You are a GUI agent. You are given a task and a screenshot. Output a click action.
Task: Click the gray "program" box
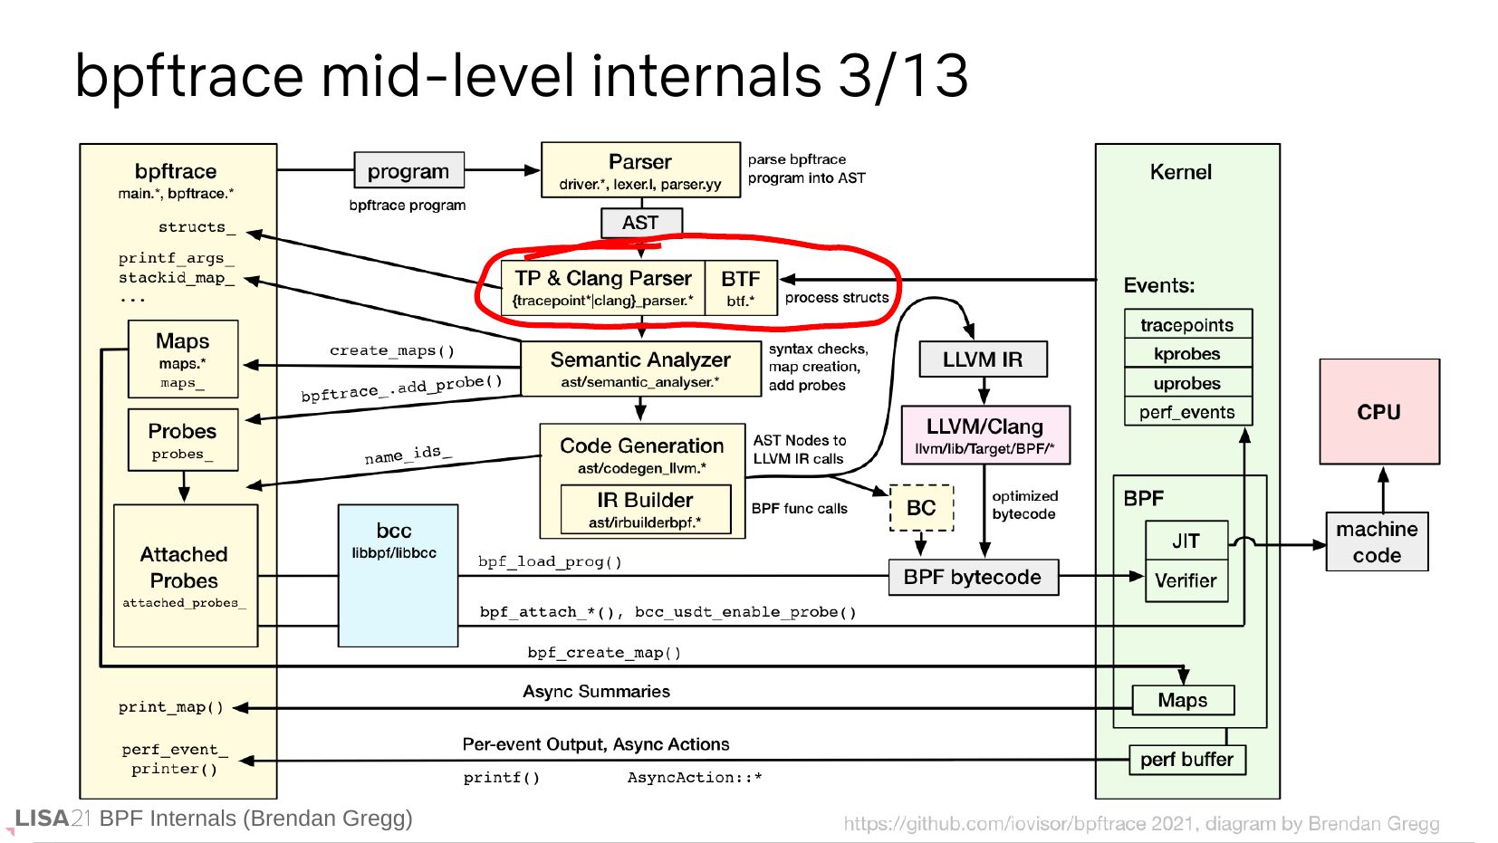click(408, 170)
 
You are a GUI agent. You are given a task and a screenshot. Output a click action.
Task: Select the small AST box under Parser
click(640, 222)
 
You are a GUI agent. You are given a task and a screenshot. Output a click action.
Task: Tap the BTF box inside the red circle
click(740, 288)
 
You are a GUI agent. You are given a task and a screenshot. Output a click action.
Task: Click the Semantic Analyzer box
click(640, 369)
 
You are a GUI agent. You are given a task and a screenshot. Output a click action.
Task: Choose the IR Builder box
click(645, 509)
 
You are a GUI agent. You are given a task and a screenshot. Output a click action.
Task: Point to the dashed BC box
click(921, 508)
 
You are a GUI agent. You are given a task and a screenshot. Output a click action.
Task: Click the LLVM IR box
click(983, 359)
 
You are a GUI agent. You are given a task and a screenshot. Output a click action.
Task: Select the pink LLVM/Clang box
click(984, 435)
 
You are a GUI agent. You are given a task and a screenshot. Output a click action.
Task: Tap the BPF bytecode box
click(973, 578)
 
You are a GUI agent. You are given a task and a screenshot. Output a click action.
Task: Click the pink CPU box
click(1378, 412)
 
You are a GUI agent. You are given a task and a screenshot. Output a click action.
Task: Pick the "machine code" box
click(1377, 541)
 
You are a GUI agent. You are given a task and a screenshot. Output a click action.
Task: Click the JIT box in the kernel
click(1186, 541)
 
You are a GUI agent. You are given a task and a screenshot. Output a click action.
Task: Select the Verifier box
click(1186, 581)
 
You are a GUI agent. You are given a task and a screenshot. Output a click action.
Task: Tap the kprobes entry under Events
click(1187, 354)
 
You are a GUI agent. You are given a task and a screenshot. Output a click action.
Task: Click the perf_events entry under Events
click(1187, 412)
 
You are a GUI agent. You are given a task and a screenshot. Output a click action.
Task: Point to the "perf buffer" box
click(1186, 760)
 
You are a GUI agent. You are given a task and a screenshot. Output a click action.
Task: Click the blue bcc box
click(398, 576)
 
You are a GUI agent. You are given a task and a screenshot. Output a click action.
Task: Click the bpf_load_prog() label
click(550, 561)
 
